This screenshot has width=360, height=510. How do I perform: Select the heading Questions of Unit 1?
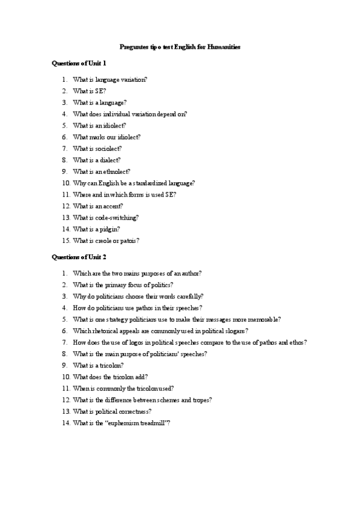(79, 63)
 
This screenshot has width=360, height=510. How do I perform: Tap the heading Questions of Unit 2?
(79, 257)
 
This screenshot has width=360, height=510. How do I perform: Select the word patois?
(128, 241)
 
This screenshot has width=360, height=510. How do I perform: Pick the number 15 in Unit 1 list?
(66, 241)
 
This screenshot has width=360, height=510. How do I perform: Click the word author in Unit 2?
(191, 273)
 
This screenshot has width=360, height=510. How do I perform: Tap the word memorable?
(264, 319)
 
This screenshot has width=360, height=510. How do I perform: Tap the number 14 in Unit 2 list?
(66, 423)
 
